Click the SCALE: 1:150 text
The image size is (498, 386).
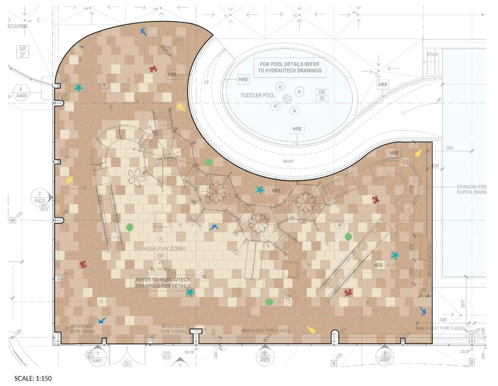(x=33, y=379)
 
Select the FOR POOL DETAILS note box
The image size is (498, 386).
(x=290, y=67)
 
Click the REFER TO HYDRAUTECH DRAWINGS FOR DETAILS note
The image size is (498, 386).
(x=163, y=282)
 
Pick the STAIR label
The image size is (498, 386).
(x=431, y=54)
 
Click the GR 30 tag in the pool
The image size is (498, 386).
(x=322, y=95)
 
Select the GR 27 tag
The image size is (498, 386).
(x=22, y=52)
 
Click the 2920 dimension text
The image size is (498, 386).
(x=450, y=148)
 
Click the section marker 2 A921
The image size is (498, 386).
(x=39, y=197)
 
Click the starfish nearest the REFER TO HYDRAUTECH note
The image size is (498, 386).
(x=190, y=292)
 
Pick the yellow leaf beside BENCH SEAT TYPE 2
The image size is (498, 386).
(x=311, y=329)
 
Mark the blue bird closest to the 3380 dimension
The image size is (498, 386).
(x=423, y=312)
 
